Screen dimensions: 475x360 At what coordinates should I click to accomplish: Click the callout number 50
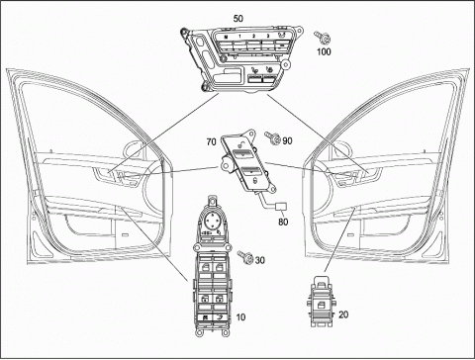point(238,19)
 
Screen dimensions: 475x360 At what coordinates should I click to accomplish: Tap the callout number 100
point(324,51)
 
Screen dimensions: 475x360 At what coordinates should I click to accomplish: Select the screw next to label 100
point(323,38)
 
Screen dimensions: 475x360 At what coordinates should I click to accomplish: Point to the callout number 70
point(211,141)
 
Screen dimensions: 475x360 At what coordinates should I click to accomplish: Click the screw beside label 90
point(272,137)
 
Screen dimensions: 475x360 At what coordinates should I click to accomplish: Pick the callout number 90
point(287,141)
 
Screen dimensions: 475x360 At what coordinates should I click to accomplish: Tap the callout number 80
point(283,222)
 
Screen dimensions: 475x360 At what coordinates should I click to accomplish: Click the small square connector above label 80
point(281,207)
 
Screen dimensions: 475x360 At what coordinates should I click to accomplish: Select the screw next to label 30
point(245,257)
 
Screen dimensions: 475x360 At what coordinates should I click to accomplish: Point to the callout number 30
point(260,260)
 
